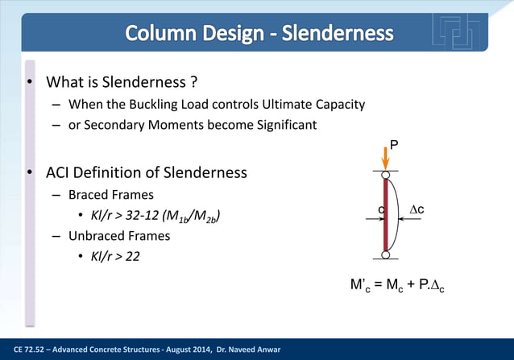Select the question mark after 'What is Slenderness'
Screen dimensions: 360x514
coord(194,83)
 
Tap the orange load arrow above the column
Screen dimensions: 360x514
coord(385,158)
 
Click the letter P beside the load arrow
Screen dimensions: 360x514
coord(394,143)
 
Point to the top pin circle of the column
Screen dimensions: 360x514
coord(386,174)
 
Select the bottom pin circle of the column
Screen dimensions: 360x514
coord(386,256)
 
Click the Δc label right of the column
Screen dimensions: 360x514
coord(417,209)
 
